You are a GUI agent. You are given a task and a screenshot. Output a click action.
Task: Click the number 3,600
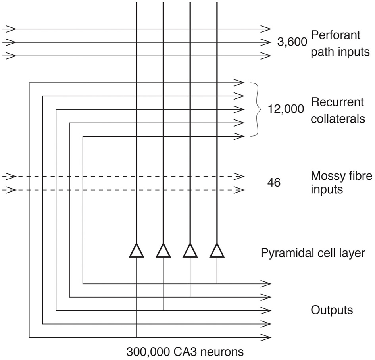[292, 42]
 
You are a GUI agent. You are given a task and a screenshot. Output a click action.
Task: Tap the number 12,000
[286, 109]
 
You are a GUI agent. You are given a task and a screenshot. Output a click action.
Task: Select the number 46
[274, 183]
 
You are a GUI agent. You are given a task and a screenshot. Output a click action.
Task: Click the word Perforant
[335, 35]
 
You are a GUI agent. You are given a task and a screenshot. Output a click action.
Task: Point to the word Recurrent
[337, 102]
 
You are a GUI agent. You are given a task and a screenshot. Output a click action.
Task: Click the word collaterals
[338, 119]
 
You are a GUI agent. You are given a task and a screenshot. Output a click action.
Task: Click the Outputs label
[332, 310]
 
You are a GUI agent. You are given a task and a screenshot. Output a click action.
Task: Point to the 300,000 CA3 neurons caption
[185, 352]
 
